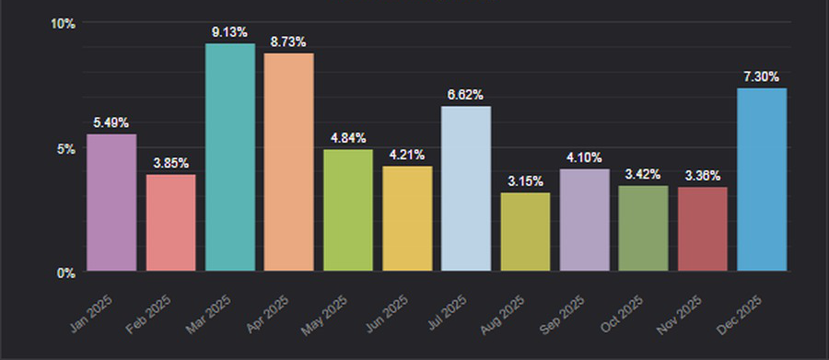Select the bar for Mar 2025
click(230, 157)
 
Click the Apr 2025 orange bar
click(288, 162)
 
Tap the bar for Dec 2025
click(762, 180)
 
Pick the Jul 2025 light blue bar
click(466, 188)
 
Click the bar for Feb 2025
click(170, 223)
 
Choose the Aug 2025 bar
click(525, 231)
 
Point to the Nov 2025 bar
click(703, 229)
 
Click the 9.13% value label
click(229, 32)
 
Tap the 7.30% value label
click(762, 76)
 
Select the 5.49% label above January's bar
click(111, 122)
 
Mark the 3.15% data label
click(525, 181)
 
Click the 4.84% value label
click(348, 138)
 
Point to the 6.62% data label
click(465, 95)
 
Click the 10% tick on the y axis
click(63, 24)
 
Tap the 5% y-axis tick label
click(66, 148)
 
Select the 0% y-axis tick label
click(66, 273)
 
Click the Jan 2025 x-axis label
click(91, 313)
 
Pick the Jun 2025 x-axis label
click(387, 315)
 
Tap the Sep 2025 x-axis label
click(563, 315)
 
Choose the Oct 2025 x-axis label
click(622, 314)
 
